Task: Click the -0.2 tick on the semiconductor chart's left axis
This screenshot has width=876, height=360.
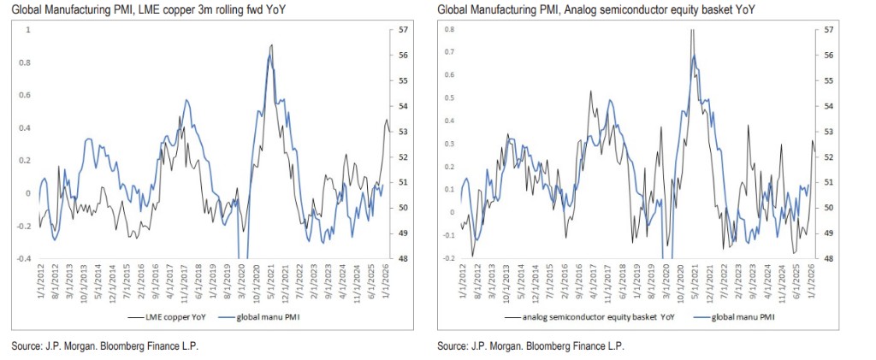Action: [447, 258]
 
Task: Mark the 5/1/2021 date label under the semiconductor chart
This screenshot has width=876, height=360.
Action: [694, 282]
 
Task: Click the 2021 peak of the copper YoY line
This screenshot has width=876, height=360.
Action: [271, 44]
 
